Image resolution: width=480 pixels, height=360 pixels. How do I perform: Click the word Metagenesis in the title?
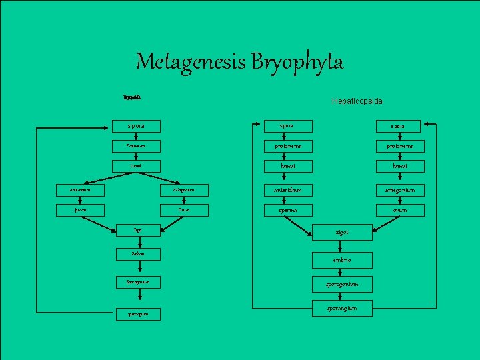coord(191,62)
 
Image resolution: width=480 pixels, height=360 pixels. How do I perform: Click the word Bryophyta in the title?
coord(298,63)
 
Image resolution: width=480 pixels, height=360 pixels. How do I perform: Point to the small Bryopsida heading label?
coord(131,97)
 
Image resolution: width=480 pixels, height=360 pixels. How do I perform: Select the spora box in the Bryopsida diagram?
coord(136,125)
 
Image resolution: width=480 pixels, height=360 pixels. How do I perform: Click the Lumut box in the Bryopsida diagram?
coord(136,165)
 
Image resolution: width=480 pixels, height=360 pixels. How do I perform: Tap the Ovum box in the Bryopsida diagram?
coord(184,210)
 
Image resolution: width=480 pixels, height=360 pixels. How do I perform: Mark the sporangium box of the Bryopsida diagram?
coord(136,314)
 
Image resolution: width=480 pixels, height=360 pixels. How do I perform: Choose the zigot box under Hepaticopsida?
coord(342,233)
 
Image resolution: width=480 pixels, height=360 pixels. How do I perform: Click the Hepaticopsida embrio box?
coord(342,259)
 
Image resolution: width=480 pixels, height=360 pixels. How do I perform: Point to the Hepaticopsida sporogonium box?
coord(342,284)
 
